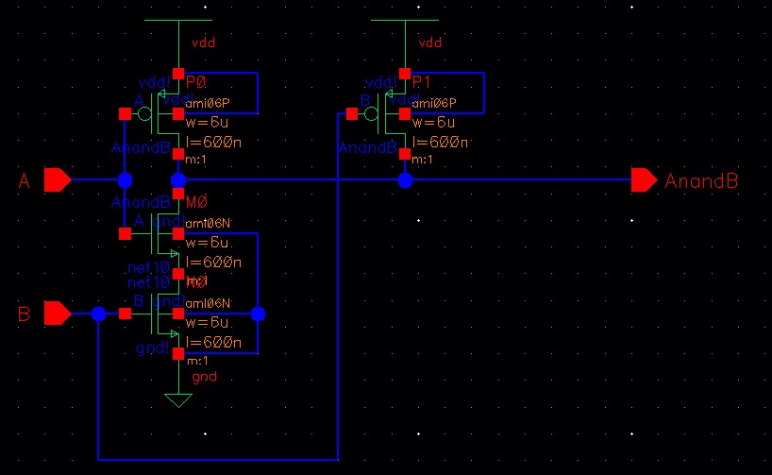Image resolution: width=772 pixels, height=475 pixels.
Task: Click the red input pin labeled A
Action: coord(57,179)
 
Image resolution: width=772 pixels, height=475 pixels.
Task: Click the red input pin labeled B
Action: coord(57,313)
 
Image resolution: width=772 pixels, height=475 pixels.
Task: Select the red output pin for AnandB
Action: coord(645,179)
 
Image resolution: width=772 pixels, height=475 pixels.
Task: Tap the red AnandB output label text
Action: coord(701,180)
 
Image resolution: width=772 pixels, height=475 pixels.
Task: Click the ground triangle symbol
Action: coord(177,400)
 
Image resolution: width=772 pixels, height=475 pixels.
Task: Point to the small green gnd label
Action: coord(204,377)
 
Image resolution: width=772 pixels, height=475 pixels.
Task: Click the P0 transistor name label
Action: coord(197,82)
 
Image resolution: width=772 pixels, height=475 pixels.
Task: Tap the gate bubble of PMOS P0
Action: coord(144,114)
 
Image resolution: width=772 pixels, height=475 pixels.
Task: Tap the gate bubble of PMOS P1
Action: coord(372,114)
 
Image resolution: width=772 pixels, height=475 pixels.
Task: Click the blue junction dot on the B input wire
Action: coord(98,313)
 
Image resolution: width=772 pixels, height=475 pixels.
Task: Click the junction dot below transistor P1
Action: coord(404,179)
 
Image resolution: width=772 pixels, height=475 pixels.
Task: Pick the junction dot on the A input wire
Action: coord(125,179)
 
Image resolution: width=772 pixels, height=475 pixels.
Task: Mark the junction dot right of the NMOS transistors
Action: coord(259,313)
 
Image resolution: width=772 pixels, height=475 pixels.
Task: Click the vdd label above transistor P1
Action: coord(429,42)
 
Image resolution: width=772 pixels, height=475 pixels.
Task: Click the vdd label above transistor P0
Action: coord(204,42)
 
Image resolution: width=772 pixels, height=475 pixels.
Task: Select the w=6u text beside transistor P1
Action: coord(433,123)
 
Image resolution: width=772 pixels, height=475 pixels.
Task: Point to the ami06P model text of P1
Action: coord(434,103)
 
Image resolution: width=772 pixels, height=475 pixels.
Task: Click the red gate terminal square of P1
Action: coord(351,114)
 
